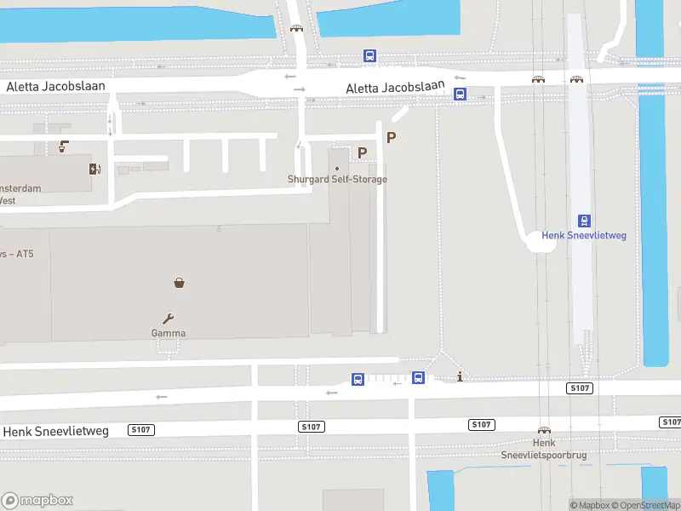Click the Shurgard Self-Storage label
click(x=337, y=180)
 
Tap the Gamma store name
click(x=169, y=333)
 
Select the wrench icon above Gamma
click(x=169, y=318)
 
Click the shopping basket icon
click(x=180, y=282)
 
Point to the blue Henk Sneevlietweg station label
click(x=584, y=235)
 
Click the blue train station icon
click(x=585, y=220)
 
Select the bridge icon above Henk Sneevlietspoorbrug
click(x=544, y=431)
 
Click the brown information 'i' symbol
click(x=460, y=376)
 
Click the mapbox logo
click(x=37, y=501)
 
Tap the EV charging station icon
click(x=94, y=168)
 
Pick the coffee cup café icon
click(x=64, y=146)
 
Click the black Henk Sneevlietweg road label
click(x=56, y=431)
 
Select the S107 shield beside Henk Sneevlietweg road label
click(x=140, y=430)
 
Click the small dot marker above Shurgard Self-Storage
click(x=337, y=168)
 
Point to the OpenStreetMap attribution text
click(x=650, y=505)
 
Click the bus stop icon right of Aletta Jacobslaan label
click(x=460, y=95)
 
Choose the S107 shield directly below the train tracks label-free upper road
click(x=579, y=388)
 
